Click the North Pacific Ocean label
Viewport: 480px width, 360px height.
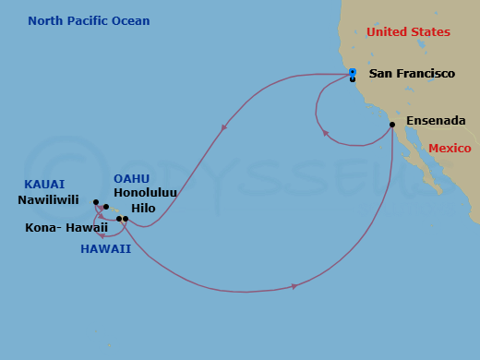tap(89, 21)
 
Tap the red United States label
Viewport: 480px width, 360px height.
tap(408, 32)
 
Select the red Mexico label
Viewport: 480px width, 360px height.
tap(451, 148)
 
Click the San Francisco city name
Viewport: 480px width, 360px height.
tap(412, 73)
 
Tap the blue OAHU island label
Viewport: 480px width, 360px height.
tap(132, 178)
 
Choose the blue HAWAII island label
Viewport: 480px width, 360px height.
tap(105, 248)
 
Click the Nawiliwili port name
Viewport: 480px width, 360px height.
tap(48, 199)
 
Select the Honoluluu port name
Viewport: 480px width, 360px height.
tap(145, 194)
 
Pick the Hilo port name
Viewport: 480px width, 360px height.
tap(143, 209)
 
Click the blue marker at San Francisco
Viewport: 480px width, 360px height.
tap(353, 72)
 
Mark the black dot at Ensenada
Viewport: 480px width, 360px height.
tap(392, 125)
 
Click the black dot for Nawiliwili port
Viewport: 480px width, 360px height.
tap(96, 202)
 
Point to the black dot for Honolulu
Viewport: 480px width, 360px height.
tap(106, 207)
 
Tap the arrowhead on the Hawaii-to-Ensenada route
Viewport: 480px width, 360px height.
tap(294, 286)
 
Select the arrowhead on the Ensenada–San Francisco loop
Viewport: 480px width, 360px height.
tap(325, 134)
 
